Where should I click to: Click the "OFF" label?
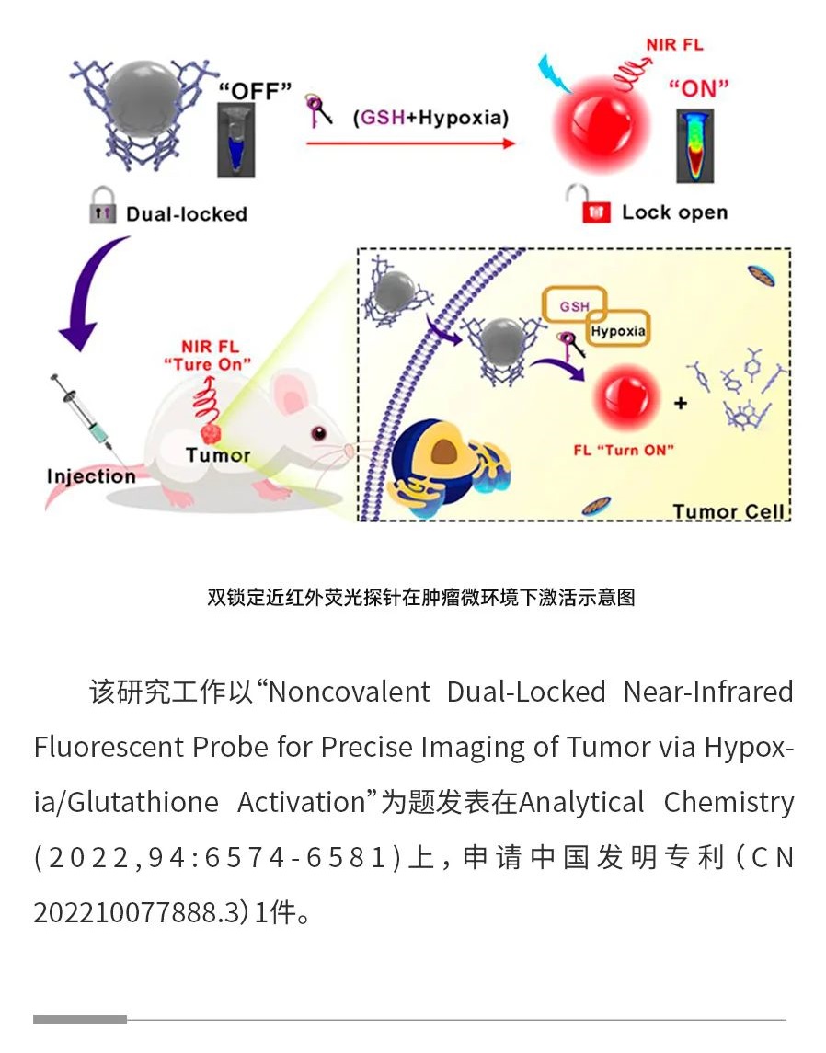(255, 90)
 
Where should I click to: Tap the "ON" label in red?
(698, 87)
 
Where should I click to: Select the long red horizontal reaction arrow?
(410, 143)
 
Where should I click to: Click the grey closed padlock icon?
(102, 205)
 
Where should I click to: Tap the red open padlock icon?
(591, 205)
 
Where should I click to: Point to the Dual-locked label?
(187, 214)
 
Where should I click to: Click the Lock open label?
(674, 212)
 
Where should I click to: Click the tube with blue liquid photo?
(236, 141)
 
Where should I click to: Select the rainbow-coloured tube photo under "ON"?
(695, 145)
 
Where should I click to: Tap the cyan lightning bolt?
(554, 74)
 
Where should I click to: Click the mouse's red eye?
(318, 433)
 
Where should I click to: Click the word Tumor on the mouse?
(218, 455)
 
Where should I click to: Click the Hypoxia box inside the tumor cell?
(618, 330)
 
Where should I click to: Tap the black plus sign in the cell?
(681, 403)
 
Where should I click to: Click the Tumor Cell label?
(728, 511)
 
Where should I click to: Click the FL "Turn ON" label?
(624, 450)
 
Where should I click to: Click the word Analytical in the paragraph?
(581, 803)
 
